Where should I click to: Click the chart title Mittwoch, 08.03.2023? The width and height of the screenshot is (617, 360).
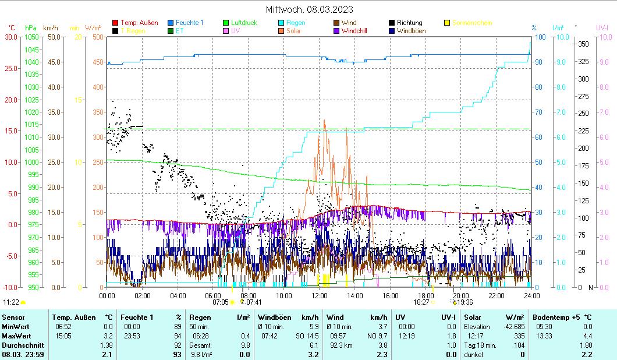click(x=309, y=9)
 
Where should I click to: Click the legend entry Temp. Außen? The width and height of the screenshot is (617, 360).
click(x=139, y=23)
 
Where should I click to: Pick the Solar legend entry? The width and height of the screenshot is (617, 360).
click(x=293, y=31)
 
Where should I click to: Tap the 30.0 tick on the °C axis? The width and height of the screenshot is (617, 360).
click(x=12, y=37)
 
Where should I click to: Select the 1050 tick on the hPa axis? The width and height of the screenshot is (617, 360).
click(x=32, y=37)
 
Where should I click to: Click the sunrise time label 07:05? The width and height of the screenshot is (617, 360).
click(x=220, y=302)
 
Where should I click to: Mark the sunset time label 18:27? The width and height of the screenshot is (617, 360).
click(x=421, y=302)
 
